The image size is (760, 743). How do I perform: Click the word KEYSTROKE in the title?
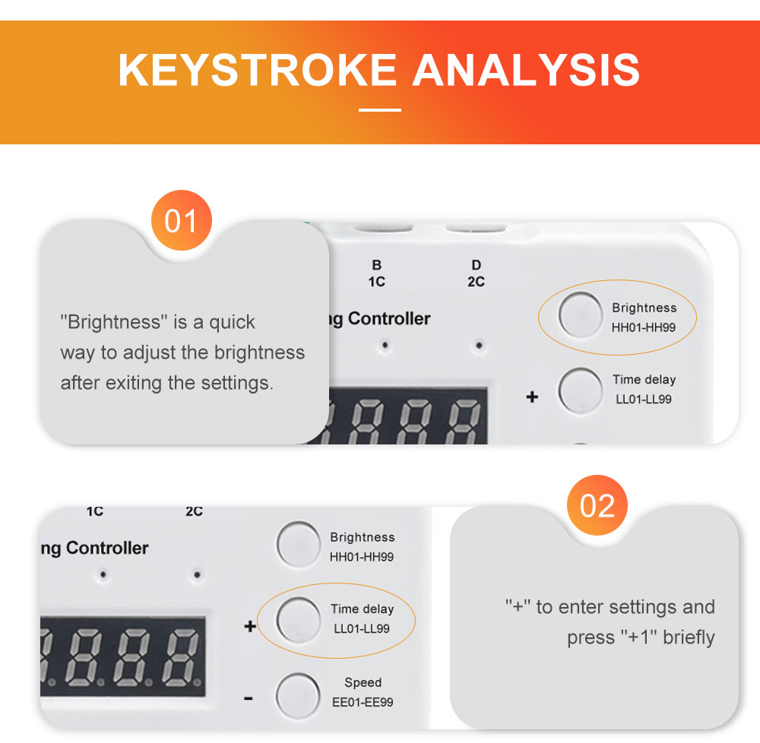(x=258, y=70)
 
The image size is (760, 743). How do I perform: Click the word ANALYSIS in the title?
(x=527, y=70)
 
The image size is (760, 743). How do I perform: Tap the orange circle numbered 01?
(x=182, y=220)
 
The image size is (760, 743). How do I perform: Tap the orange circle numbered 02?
(x=597, y=505)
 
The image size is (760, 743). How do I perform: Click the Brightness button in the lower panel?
(x=298, y=545)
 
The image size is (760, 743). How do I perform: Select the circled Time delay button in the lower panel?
(x=298, y=619)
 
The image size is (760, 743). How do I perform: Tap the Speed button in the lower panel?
(x=298, y=695)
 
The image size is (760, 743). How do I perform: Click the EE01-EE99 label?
(x=363, y=702)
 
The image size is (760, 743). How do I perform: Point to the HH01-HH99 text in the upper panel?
(x=643, y=327)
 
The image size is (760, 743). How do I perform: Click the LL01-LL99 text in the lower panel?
(x=362, y=629)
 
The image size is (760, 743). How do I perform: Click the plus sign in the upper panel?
(x=532, y=397)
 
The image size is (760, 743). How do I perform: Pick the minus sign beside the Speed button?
(x=249, y=698)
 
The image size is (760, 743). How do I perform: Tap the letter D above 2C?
(x=477, y=265)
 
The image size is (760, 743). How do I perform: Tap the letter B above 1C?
(x=377, y=265)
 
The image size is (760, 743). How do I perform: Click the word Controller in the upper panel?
(x=389, y=319)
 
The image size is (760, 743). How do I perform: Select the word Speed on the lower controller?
(x=363, y=683)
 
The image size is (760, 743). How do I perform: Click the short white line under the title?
(x=380, y=110)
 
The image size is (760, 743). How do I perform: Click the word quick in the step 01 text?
(x=232, y=323)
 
